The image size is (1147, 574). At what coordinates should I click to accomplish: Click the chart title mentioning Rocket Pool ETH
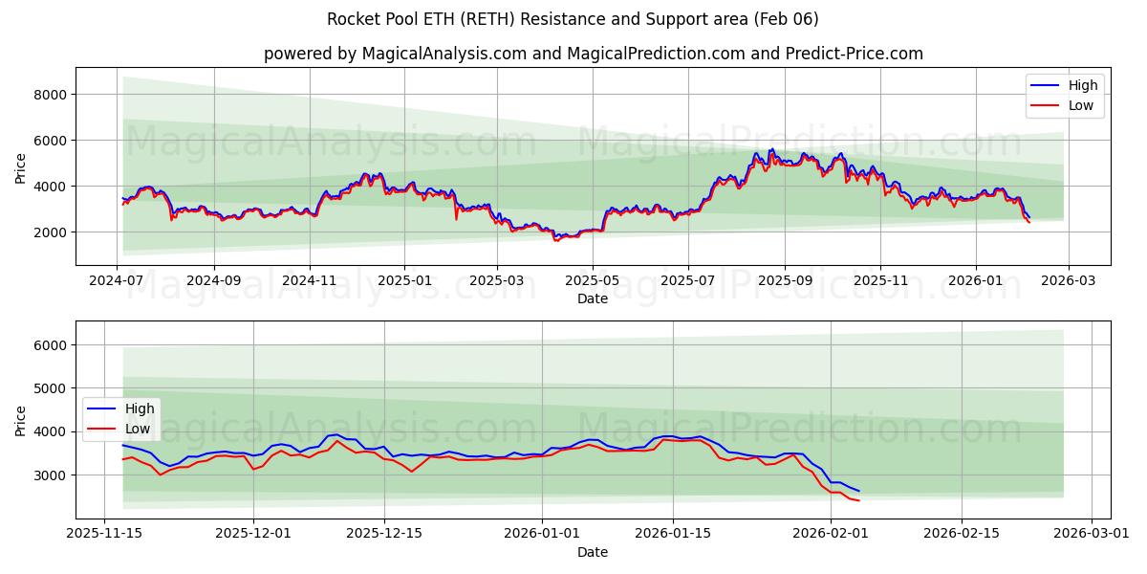pyautogui.click(x=573, y=19)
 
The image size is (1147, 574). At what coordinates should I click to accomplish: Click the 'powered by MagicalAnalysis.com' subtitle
pyautogui.click(x=593, y=54)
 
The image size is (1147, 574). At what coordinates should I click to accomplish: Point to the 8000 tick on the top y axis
pyautogui.click(x=50, y=95)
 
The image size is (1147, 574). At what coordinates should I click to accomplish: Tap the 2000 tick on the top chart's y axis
pyautogui.click(x=50, y=232)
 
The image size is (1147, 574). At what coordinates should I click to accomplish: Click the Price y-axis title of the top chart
pyautogui.click(x=21, y=168)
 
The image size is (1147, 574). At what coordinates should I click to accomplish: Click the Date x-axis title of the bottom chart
pyautogui.click(x=593, y=553)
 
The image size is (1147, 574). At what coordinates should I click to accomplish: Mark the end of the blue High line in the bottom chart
pyautogui.click(x=858, y=492)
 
